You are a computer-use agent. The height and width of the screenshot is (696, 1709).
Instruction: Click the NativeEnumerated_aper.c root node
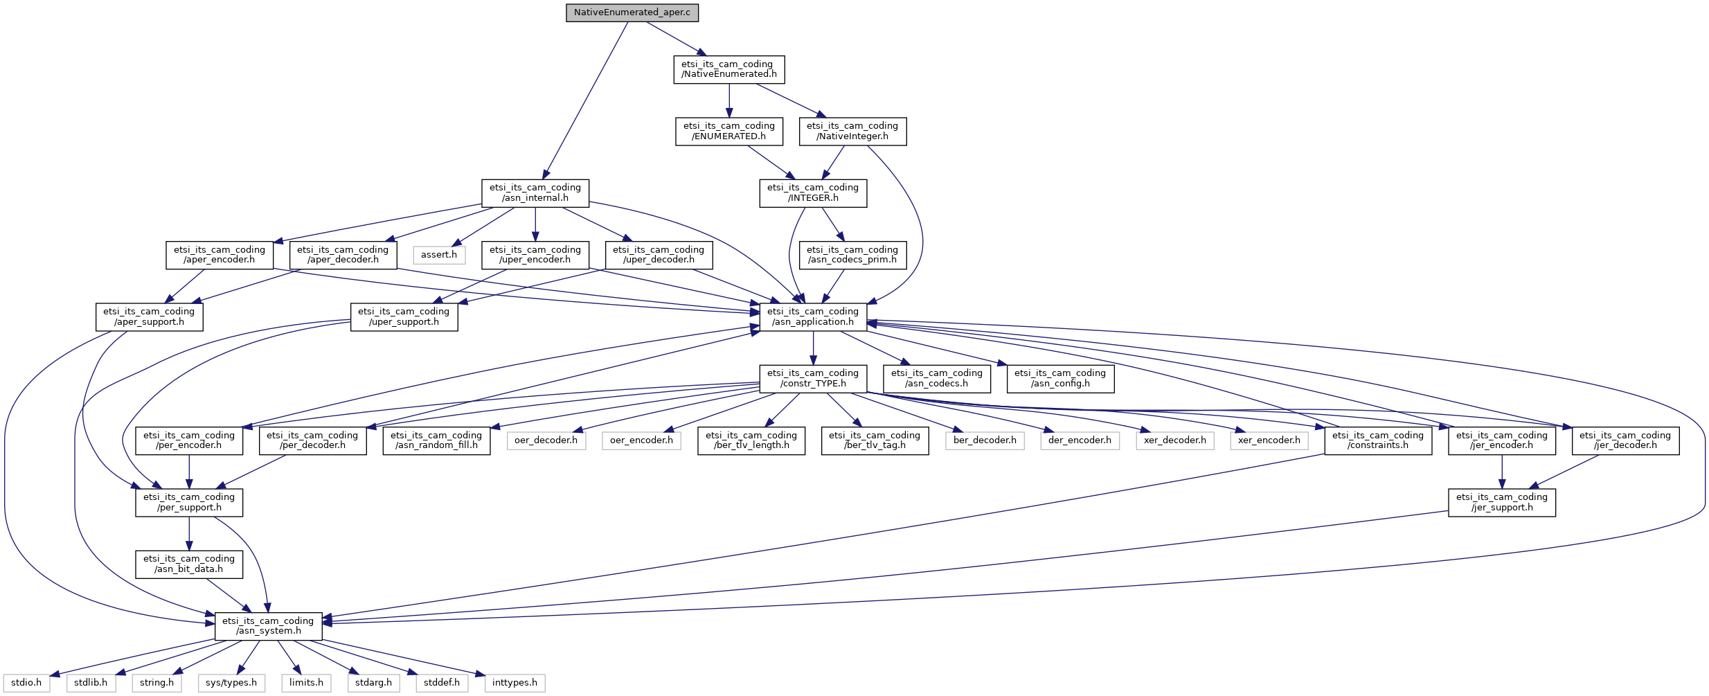point(632,12)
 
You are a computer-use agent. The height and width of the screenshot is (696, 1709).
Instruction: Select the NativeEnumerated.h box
point(728,69)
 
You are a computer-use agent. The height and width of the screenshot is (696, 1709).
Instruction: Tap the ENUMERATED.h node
point(728,131)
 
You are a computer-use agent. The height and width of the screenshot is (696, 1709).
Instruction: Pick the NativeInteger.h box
point(852,131)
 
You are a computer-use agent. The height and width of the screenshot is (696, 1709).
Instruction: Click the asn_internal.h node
point(535,193)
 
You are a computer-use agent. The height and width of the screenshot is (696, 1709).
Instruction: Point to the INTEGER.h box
point(813,193)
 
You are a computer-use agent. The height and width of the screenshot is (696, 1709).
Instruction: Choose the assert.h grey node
point(439,255)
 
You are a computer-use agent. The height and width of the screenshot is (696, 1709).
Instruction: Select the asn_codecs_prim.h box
point(852,255)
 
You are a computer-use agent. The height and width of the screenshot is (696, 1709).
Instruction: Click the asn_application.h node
point(813,316)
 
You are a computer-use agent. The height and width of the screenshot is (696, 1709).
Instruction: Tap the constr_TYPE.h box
point(813,378)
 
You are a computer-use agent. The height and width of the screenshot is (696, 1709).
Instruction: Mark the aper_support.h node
point(149,316)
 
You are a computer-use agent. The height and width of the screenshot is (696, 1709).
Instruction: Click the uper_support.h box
point(404,316)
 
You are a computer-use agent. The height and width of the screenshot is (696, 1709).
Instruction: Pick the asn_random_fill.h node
point(436,440)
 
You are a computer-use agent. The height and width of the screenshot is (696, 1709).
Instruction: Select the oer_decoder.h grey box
point(546,440)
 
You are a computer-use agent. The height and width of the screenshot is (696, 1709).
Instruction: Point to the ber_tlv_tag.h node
point(875,440)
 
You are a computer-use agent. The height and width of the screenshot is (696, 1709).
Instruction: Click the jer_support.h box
point(1502,502)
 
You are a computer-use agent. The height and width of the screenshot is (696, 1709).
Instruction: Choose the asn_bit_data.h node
point(189,564)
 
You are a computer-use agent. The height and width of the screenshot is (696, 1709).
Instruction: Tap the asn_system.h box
point(268,626)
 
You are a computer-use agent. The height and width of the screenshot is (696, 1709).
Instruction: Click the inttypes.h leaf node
point(515,683)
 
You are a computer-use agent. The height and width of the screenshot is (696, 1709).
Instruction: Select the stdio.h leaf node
point(26,683)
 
